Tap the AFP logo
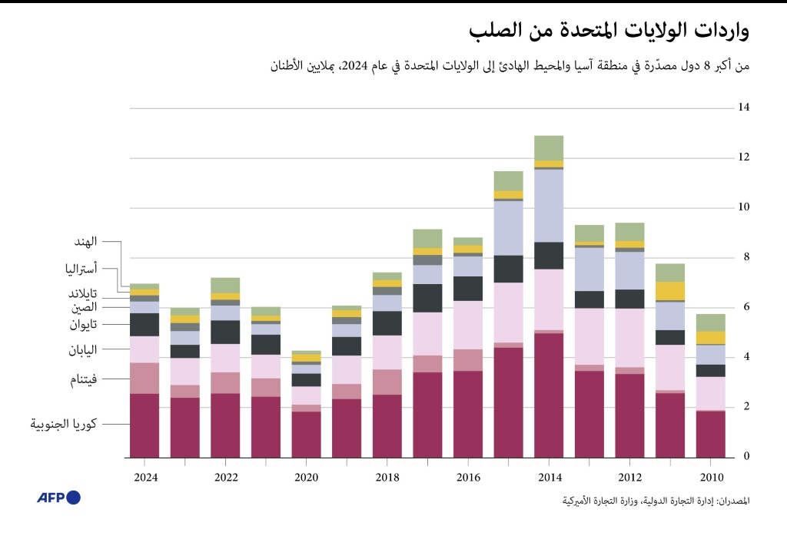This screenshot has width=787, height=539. coord(58,498)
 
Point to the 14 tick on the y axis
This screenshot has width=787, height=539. coord(743,107)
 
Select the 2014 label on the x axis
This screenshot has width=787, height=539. coord(549,478)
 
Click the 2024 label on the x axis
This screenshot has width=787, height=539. coord(144,478)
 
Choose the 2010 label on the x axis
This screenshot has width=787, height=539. coord(710,478)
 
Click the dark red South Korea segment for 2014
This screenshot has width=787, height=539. coord(549,395)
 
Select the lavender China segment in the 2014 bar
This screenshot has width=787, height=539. coord(549,205)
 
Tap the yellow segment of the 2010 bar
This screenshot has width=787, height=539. coord(710,338)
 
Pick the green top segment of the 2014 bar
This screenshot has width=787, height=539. coord(549,147)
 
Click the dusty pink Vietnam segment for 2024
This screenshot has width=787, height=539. coord(144,378)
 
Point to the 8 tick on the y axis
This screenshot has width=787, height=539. coord(743,258)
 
